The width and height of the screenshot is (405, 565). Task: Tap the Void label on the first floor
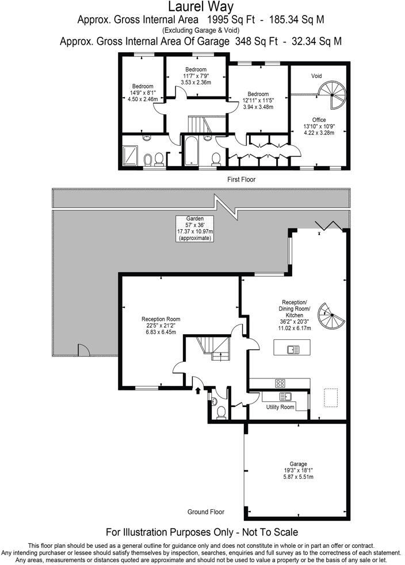click(x=316, y=76)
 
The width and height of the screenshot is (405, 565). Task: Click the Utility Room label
click(x=280, y=407)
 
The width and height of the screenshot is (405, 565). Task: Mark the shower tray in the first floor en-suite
click(x=131, y=154)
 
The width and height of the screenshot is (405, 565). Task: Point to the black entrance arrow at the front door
click(x=198, y=390)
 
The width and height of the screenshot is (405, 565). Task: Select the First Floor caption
click(x=241, y=180)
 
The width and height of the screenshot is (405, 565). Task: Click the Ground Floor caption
click(x=206, y=512)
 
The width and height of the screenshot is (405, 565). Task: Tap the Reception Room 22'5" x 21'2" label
click(x=161, y=325)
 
